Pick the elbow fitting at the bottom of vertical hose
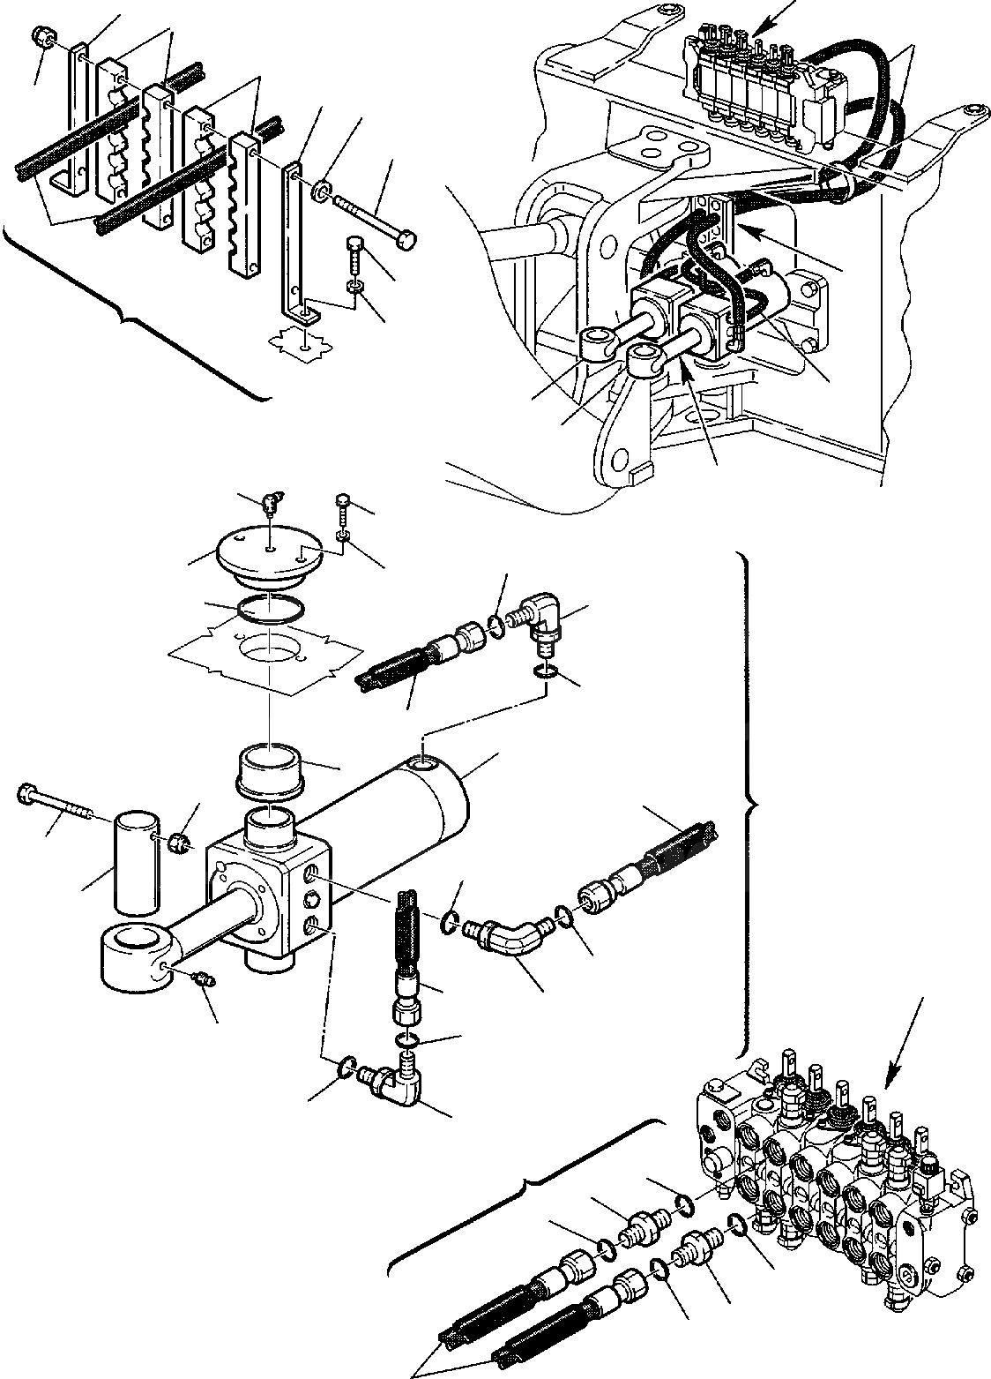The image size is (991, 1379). (x=392, y=1082)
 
